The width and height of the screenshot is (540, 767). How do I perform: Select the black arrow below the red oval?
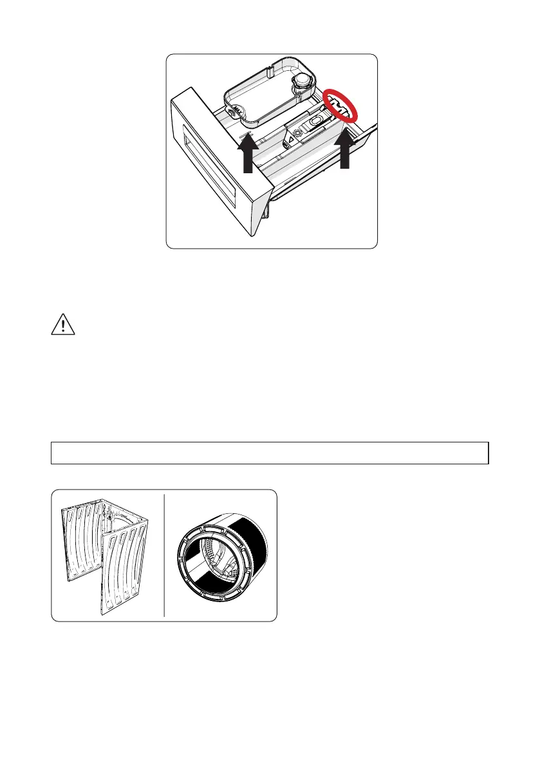click(345, 149)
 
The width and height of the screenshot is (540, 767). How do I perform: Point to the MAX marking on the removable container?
click(236, 111)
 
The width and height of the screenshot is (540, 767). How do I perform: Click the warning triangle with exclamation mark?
click(63, 325)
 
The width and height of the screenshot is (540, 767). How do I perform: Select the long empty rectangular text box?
click(270, 453)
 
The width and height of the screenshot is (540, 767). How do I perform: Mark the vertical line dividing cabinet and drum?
click(164, 554)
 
